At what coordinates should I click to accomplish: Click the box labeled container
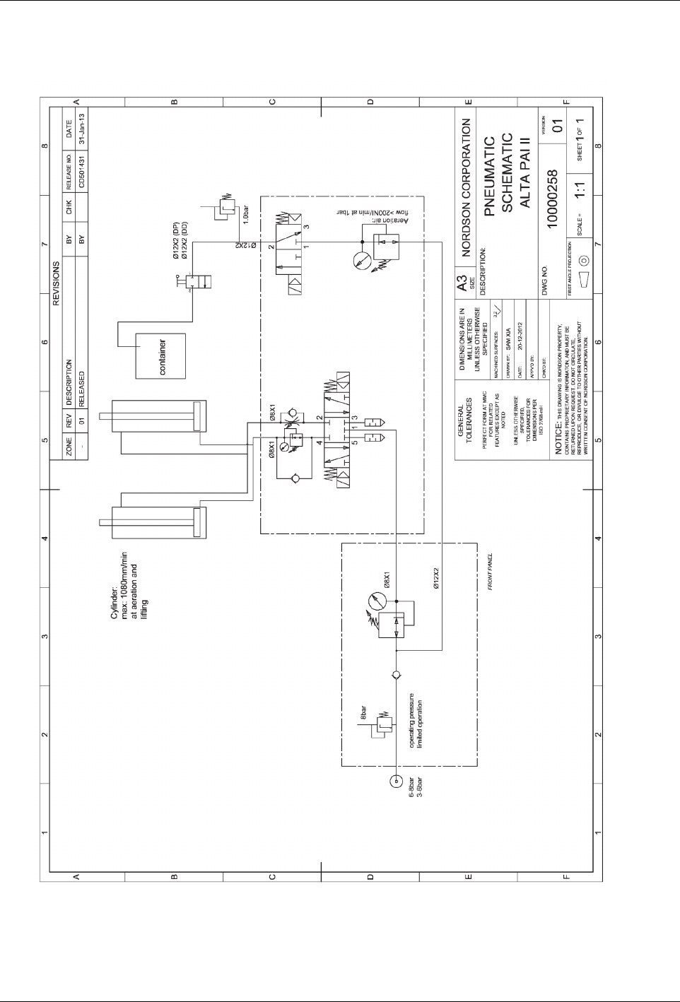(160, 357)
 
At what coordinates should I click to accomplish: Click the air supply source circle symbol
(395, 782)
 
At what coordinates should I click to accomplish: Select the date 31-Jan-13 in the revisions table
(82, 129)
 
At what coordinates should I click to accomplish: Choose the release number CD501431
(82, 170)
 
